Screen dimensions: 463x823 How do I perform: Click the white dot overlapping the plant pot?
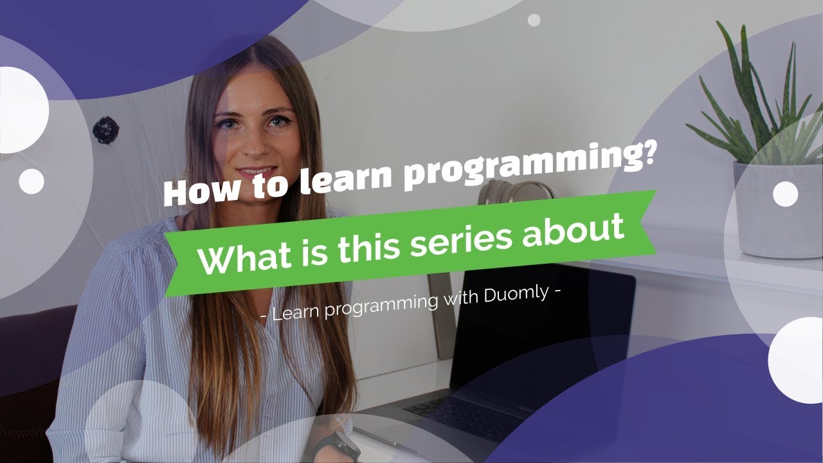click(785, 194)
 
